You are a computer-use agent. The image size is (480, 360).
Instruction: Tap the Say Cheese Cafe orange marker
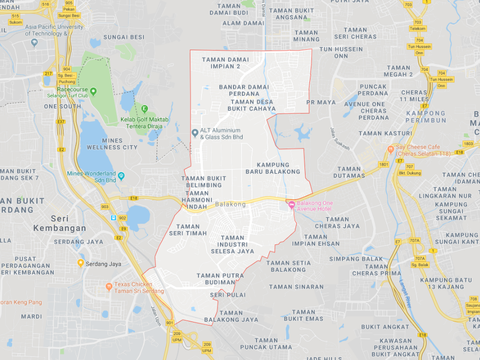(390, 149)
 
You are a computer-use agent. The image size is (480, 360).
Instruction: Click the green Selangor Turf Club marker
(93, 91)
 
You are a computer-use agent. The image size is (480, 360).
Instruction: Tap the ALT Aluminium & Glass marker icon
(195, 132)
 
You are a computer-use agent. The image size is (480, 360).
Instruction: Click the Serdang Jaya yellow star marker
(80, 262)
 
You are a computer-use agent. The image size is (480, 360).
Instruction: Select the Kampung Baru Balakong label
(273, 168)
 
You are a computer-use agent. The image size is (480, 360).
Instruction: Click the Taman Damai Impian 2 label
(225, 62)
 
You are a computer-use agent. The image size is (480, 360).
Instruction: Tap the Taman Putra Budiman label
(220, 278)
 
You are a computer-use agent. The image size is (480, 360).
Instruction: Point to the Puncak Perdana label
(373, 89)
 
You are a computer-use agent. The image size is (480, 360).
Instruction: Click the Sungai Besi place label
(123, 37)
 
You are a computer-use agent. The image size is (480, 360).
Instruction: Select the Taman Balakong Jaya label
(231, 316)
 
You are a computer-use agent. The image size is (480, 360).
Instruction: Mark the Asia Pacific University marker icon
(34, 42)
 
